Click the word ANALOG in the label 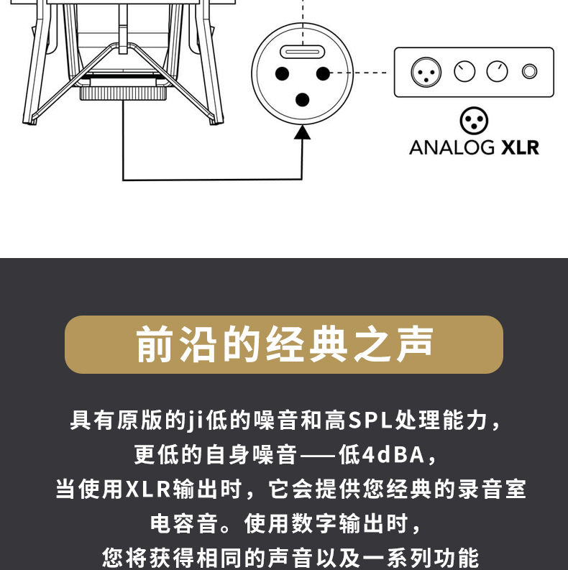point(452,147)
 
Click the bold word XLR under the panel point(520,147)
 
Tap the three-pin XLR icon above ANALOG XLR point(474,120)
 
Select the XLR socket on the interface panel point(426,72)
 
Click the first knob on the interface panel point(464,71)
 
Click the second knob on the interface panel point(497,71)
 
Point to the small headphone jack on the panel point(529,71)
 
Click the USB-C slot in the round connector point(302,52)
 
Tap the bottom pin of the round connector point(302,100)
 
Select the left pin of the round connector point(282,73)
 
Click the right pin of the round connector point(323,73)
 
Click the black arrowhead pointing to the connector point(302,132)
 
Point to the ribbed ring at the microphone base point(123,93)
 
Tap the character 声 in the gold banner point(415,344)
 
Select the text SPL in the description point(370,420)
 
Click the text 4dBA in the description point(394,455)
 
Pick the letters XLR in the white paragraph point(148,489)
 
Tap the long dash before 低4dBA point(318,455)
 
